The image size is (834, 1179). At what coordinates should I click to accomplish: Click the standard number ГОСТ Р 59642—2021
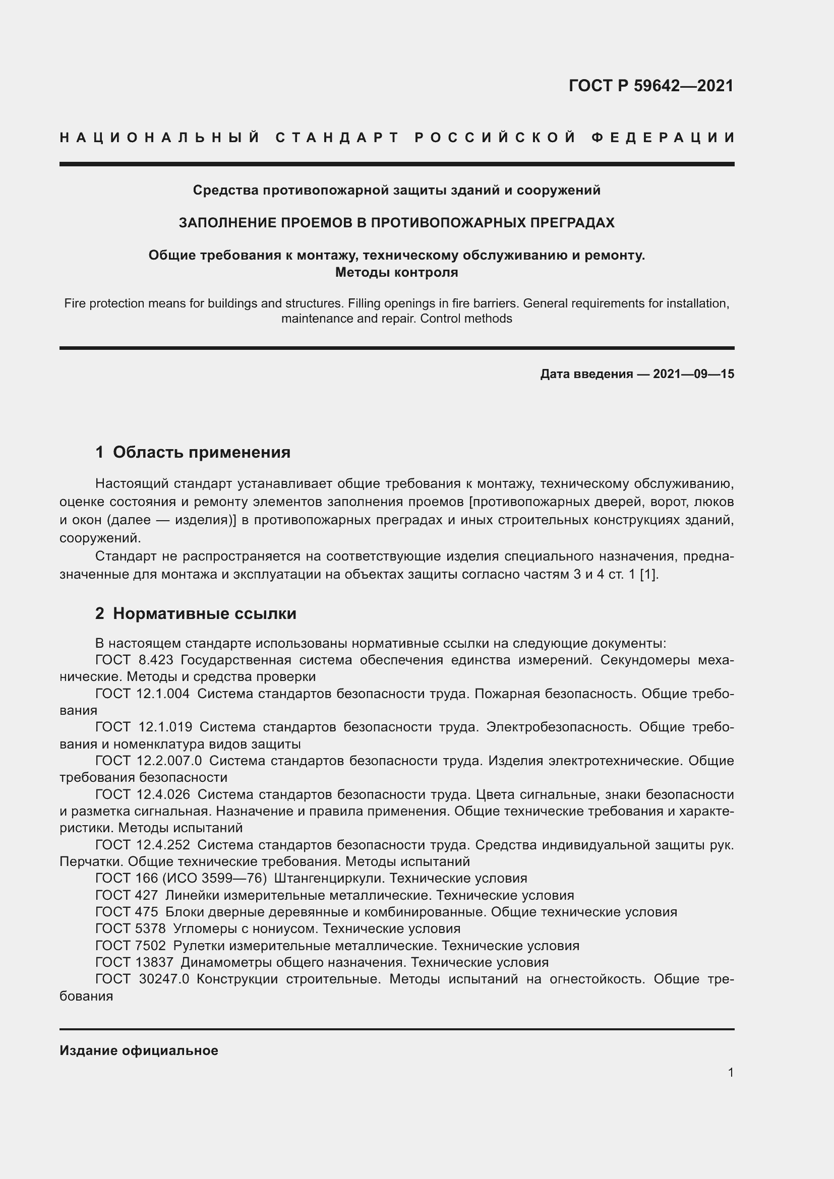[x=650, y=86]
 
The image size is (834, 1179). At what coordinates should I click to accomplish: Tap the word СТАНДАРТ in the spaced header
[x=337, y=138]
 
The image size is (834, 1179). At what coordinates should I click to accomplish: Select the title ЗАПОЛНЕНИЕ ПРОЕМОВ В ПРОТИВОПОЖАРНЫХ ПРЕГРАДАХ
[x=396, y=223]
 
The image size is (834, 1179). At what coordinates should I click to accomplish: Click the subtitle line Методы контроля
[x=396, y=272]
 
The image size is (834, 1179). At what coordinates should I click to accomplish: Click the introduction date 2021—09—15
[x=693, y=374]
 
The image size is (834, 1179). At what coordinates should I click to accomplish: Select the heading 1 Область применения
[x=193, y=452]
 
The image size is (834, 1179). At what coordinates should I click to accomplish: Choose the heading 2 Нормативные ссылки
[x=196, y=613]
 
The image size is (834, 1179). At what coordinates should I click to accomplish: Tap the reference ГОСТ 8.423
[x=134, y=660]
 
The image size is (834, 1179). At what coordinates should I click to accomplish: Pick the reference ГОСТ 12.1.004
[x=142, y=694]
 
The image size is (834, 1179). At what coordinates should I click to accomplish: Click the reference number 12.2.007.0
[x=170, y=761]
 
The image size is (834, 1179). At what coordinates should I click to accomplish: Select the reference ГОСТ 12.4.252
[x=142, y=845]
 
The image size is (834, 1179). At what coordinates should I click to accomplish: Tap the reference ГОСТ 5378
[x=131, y=928]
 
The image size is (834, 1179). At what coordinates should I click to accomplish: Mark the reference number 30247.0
[x=164, y=979]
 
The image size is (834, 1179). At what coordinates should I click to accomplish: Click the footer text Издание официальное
[x=139, y=1050]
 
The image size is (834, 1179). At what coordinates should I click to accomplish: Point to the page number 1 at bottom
[x=731, y=1072]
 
